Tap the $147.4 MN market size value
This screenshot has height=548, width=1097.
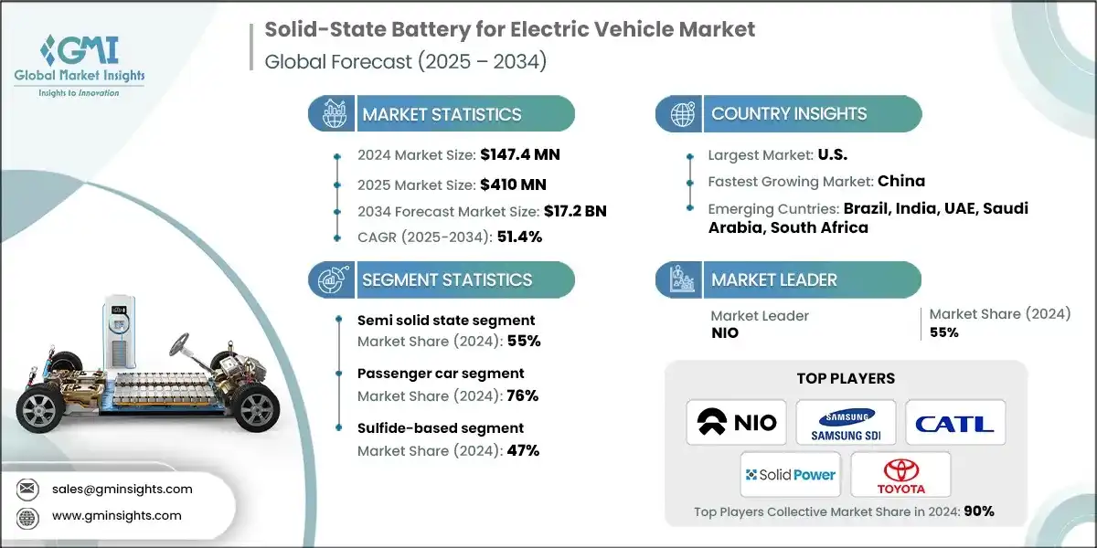(x=519, y=155)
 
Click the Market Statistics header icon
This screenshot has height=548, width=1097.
(x=330, y=114)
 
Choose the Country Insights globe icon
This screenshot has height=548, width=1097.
(x=681, y=114)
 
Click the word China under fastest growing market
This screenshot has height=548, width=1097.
(x=901, y=181)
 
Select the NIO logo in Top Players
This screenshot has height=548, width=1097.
(x=736, y=422)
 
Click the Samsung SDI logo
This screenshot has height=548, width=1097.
(x=846, y=422)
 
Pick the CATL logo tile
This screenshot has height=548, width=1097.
(x=955, y=422)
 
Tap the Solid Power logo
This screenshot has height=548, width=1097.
(x=791, y=474)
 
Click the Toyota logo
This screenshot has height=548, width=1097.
(x=900, y=474)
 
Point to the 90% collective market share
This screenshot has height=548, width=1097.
(x=976, y=511)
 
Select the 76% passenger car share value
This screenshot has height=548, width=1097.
(x=524, y=395)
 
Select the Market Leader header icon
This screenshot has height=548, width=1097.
(x=681, y=279)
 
